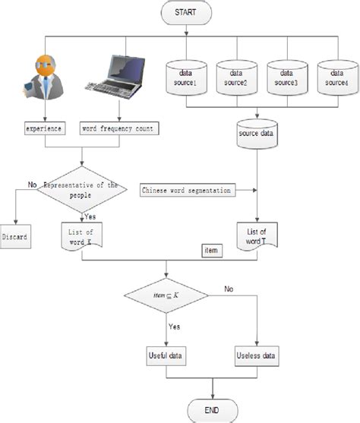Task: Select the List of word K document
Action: (x=79, y=236)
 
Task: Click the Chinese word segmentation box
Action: (x=186, y=190)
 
